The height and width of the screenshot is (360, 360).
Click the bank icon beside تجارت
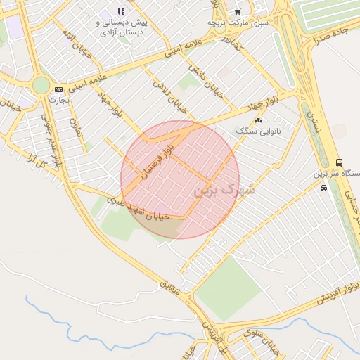[58, 89]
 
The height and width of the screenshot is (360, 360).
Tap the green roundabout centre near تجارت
[41, 86]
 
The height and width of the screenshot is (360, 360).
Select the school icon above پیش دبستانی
[121, 11]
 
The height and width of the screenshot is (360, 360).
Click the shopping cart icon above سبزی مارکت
[238, 11]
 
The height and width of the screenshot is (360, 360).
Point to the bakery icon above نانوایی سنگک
[258, 121]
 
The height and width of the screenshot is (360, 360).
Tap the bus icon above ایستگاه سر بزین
[340, 162]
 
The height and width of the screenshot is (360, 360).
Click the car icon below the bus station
[323, 188]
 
